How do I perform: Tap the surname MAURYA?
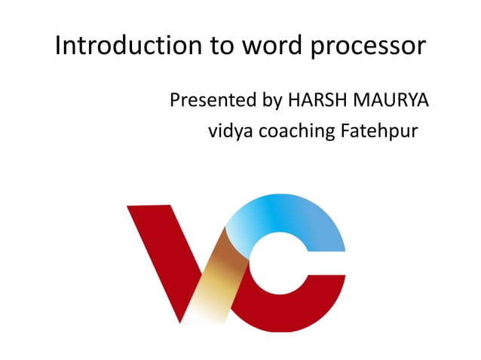point(388,99)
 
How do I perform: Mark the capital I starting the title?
point(59,47)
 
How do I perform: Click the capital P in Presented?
point(176,99)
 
